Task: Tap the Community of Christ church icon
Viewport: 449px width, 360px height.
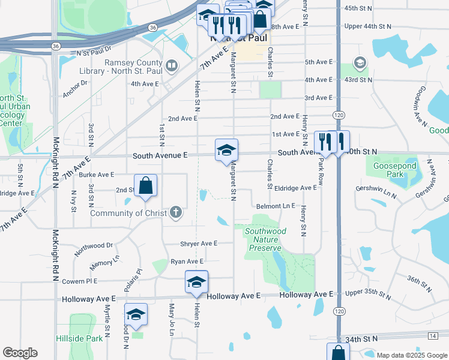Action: (x=175, y=212)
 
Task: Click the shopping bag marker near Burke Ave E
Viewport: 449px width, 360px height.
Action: (x=145, y=187)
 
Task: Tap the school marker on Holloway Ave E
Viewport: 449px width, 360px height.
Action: (x=196, y=283)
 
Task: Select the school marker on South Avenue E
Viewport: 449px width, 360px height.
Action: (x=227, y=151)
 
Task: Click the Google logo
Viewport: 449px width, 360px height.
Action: (x=20, y=353)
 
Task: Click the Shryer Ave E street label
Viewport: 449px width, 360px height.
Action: (x=199, y=244)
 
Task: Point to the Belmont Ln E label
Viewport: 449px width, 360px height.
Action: (x=276, y=206)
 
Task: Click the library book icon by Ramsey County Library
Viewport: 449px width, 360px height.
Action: (x=172, y=65)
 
